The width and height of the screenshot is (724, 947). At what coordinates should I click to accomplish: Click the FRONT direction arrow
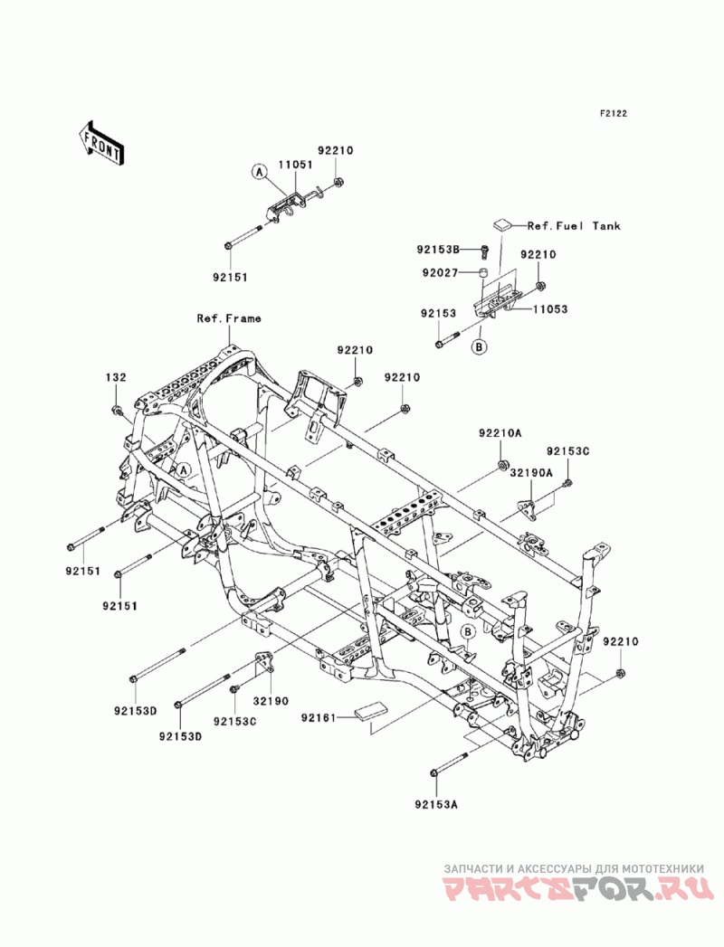[101, 143]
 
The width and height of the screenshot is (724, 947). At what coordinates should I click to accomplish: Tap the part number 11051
[296, 165]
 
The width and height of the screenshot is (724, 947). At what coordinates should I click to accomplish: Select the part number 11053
[550, 309]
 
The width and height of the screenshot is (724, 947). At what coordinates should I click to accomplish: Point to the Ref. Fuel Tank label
[574, 226]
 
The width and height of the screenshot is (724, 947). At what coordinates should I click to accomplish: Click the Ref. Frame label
[229, 318]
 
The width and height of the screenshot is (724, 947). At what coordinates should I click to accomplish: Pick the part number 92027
[440, 273]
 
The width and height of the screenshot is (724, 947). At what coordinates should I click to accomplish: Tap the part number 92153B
[438, 249]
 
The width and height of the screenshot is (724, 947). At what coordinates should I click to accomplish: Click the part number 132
[116, 377]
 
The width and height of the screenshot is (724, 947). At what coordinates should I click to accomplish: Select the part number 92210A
[500, 433]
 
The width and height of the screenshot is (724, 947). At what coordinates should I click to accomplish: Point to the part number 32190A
[531, 474]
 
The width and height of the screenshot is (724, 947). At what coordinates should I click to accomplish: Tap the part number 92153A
[436, 804]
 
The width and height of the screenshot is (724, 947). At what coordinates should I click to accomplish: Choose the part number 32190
[271, 701]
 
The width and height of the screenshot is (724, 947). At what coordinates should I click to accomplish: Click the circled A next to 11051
[259, 172]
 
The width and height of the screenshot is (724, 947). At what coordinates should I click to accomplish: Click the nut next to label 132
[117, 412]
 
